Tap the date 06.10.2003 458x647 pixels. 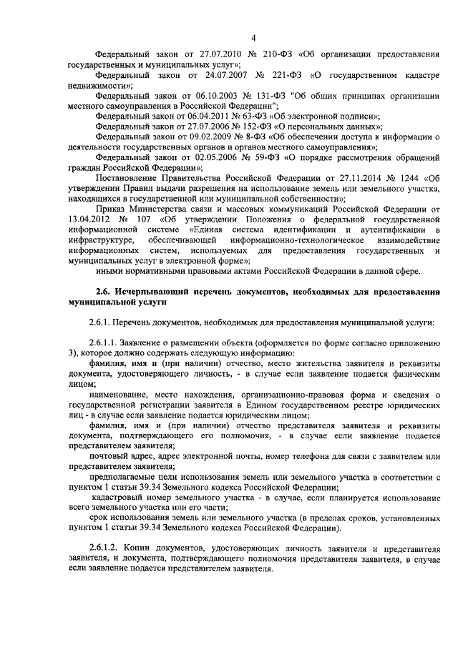(x=193, y=95)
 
